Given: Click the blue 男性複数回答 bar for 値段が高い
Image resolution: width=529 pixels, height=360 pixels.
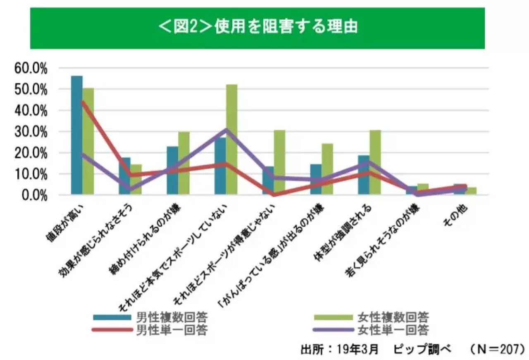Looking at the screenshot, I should click(x=76, y=136).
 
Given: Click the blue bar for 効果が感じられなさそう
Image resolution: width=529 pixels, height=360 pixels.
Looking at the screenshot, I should click(x=124, y=176).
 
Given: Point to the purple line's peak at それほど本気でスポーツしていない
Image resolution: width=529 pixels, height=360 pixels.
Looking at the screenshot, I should click(x=226, y=130).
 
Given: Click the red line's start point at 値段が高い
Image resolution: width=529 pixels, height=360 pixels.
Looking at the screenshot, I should click(x=82, y=102).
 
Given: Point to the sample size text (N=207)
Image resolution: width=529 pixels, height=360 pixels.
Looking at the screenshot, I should click(x=498, y=348).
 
